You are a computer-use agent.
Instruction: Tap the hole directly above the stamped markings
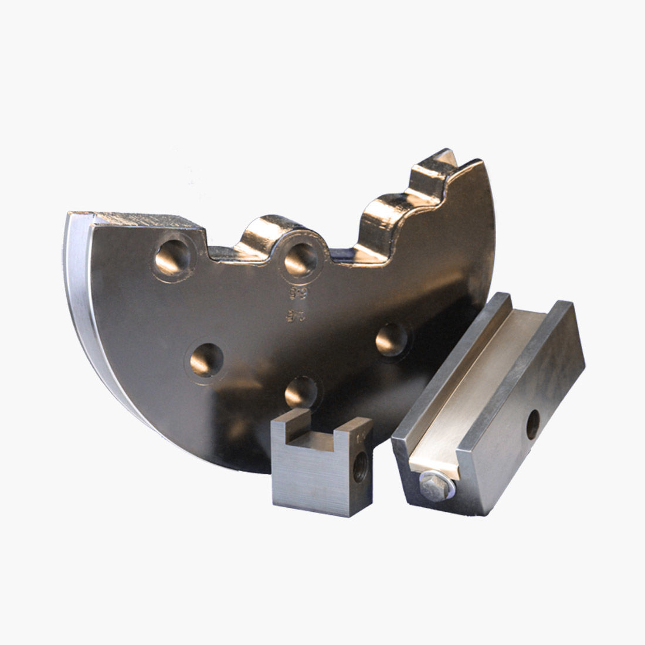pos(300,258)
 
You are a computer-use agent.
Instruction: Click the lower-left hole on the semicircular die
pos(205,359)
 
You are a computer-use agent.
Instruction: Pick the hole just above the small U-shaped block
pos(301,391)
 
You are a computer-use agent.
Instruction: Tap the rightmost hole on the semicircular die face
pos(392,339)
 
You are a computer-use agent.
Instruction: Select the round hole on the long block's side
pos(533,424)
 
